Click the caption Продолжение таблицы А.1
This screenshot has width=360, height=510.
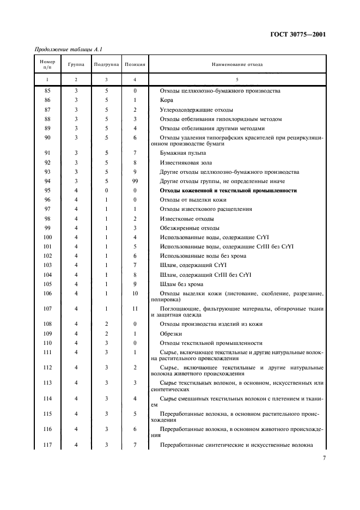65,50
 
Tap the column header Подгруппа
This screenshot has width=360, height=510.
106,64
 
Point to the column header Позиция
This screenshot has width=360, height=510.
135,64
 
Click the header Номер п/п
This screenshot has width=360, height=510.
47,64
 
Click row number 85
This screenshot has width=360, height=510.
47,91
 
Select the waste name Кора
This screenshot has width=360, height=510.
166,101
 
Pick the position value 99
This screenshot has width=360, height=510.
135,181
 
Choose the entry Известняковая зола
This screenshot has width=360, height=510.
186,162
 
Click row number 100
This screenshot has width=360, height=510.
47,238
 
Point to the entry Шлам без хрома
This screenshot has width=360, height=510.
181,284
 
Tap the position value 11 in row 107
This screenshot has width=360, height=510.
135,309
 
